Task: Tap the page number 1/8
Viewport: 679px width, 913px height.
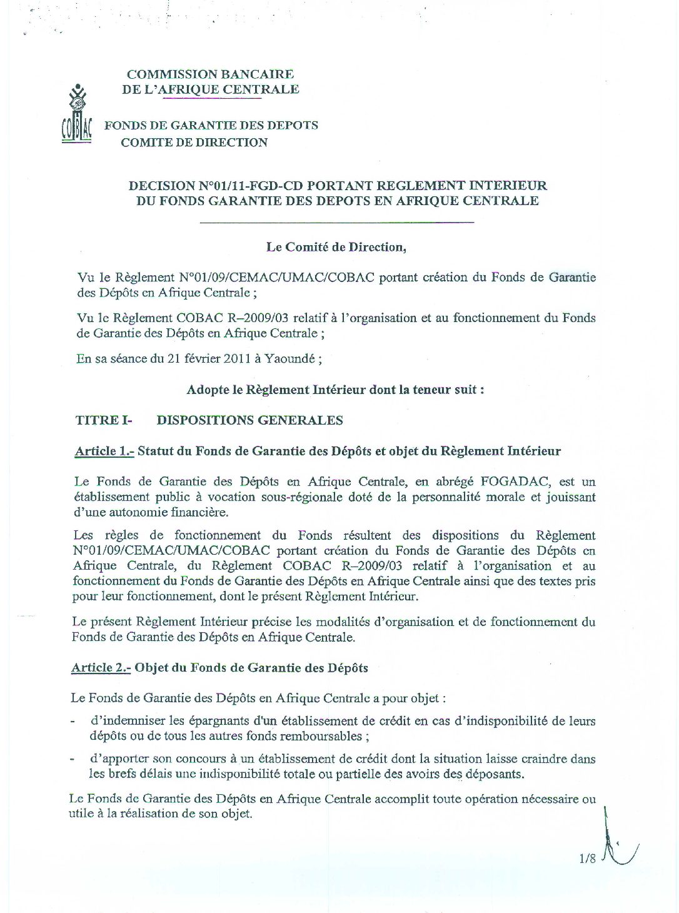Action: coord(587,859)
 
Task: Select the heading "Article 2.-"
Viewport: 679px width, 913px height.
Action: coord(101,667)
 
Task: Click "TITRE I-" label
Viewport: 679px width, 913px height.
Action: coord(104,420)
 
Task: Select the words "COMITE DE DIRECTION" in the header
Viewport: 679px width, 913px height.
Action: coord(194,143)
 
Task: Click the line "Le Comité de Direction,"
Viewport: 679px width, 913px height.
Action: coord(336,246)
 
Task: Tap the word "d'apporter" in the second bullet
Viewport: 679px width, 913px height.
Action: coord(119,759)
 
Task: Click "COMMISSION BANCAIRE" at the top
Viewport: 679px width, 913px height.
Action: coord(210,74)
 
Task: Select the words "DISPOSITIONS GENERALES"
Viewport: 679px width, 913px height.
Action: coord(249,420)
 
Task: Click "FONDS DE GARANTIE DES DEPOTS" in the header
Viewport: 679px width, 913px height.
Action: coord(211,125)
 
